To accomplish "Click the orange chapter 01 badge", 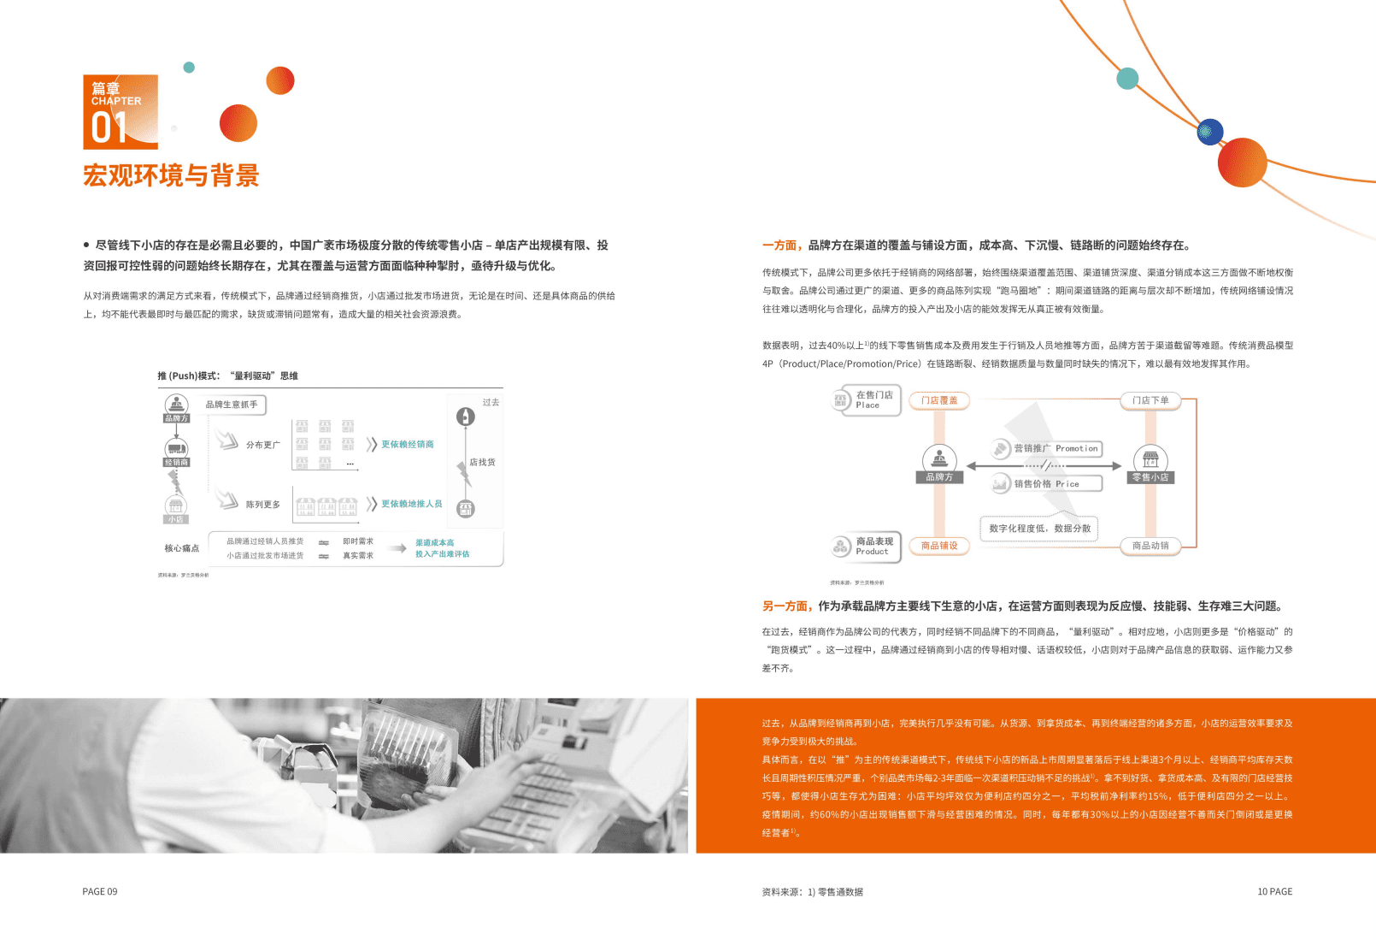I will click(x=121, y=112).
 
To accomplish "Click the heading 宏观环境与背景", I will click(x=171, y=176).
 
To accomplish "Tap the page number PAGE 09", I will click(x=100, y=891).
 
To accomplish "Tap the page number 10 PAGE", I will click(x=1274, y=891).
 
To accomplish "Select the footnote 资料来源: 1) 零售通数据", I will click(x=812, y=891).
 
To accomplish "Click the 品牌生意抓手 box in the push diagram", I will click(x=232, y=405).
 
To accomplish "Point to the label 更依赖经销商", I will click(x=408, y=445).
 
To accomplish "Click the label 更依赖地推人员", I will click(x=411, y=504).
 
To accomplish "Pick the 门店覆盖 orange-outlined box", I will click(x=939, y=400).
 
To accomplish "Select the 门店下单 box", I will click(x=1150, y=400).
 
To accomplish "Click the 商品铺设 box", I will click(x=939, y=546).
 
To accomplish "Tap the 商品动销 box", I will click(x=1150, y=546).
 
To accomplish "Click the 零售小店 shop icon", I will click(x=1150, y=459).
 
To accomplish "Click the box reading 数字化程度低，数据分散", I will click(x=1039, y=529).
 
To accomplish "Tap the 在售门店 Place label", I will click(x=874, y=399).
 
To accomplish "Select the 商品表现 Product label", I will click(x=874, y=546).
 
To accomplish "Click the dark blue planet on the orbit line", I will click(x=1209, y=132).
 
